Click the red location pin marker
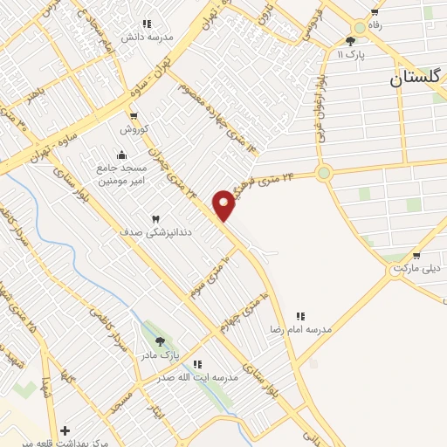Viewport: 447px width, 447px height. (224, 205)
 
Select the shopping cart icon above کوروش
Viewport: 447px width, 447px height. (133, 116)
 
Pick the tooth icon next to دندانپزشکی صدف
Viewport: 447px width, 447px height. (156, 218)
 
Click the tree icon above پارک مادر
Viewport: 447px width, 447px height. (159, 341)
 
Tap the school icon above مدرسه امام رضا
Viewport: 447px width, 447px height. (300, 315)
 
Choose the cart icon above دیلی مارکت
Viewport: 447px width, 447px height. (416, 256)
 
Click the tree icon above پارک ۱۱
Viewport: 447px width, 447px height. (350, 41)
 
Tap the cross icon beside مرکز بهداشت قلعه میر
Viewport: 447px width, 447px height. (65, 430)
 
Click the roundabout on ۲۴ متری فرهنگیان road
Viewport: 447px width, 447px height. (325, 173)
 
